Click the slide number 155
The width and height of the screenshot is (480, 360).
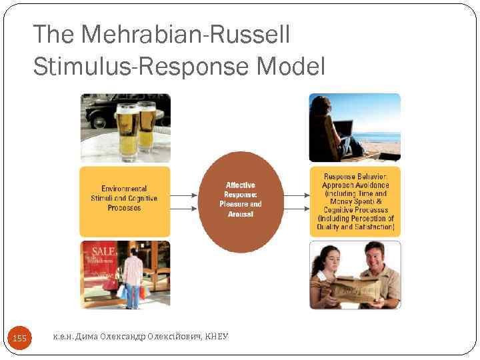(x=20, y=339)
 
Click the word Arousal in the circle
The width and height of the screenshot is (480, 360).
(x=241, y=214)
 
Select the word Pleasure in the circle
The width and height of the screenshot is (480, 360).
(x=233, y=204)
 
